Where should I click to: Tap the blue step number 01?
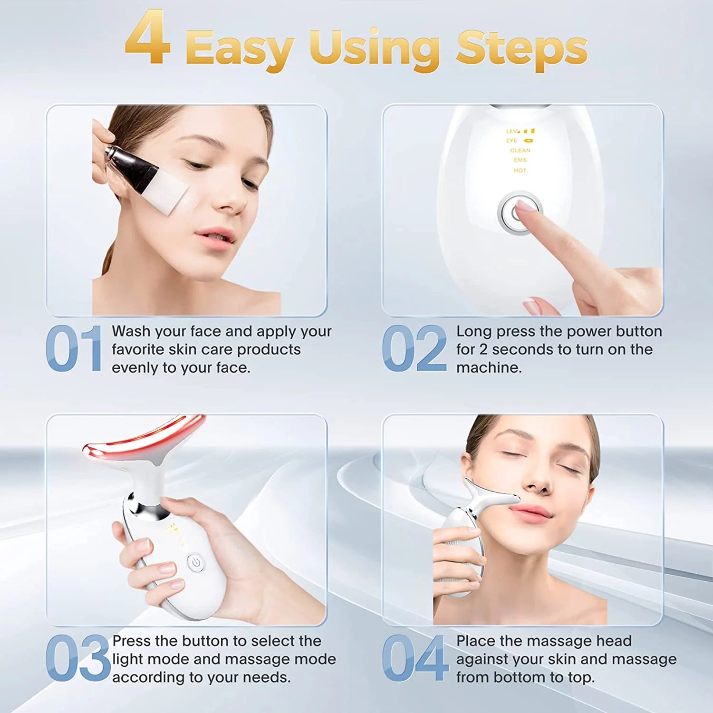pyautogui.click(x=74, y=348)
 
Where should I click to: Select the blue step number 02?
pyautogui.click(x=414, y=348)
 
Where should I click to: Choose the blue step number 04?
pyautogui.click(x=415, y=658)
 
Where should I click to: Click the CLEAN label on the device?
pyautogui.click(x=520, y=150)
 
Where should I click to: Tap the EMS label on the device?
pyautogui.click(x=520, y=160)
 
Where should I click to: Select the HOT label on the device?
pyautogui.click(x=520, y=170)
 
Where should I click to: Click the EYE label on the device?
pyautogui.click(x=512, y=141)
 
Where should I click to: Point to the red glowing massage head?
pyautogui.click(x=143, y=437)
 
